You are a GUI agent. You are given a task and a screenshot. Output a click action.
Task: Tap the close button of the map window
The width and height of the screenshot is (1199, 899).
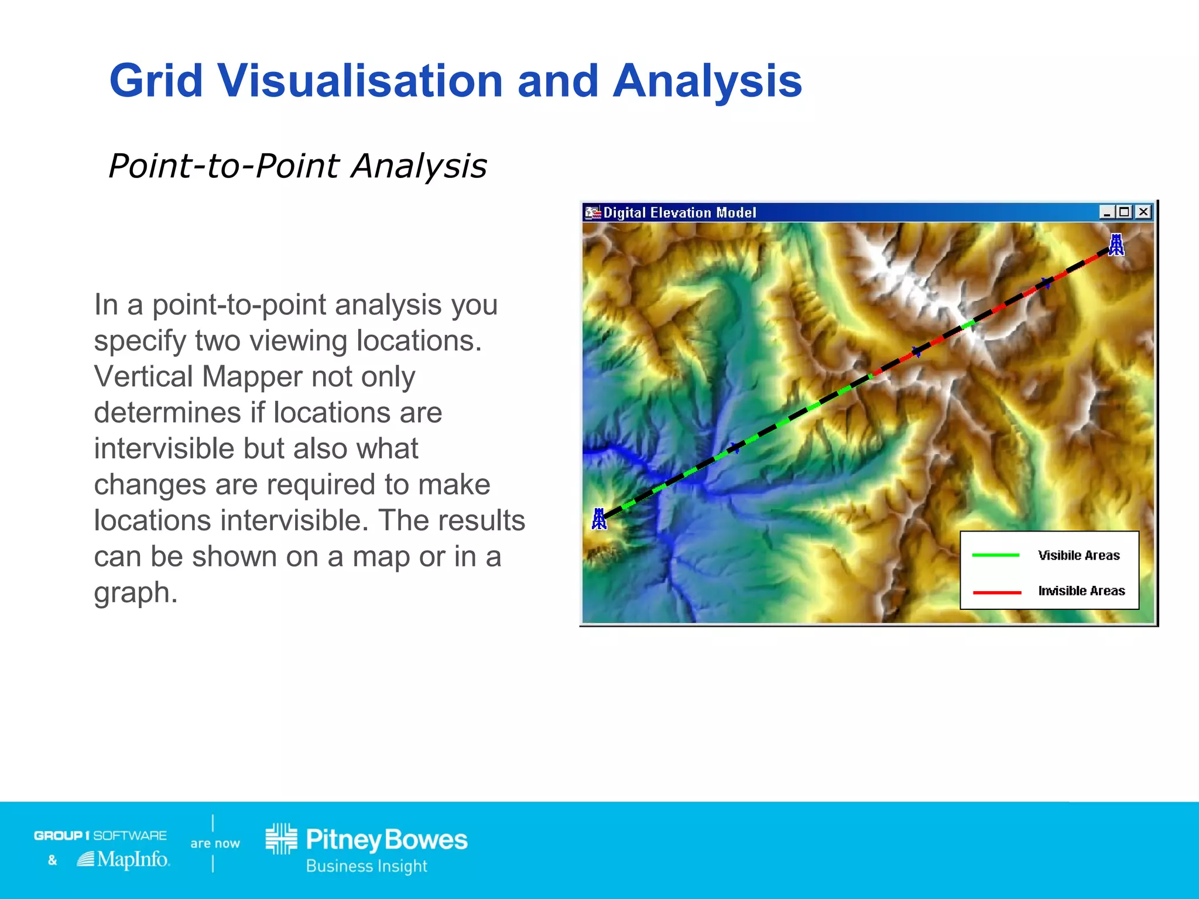pos(1143,212)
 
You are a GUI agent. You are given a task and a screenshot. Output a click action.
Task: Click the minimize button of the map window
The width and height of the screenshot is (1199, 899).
pos(1106,212)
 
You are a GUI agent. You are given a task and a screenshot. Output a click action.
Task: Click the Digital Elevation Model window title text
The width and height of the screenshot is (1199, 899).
pos(680,212)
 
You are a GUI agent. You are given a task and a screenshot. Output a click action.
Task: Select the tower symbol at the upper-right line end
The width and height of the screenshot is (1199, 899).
pos(1116,245)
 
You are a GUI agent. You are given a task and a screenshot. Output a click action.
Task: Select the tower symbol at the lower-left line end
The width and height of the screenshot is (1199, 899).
pos(599,519)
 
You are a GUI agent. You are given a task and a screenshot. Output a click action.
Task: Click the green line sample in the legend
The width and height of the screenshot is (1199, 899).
pos(996,555)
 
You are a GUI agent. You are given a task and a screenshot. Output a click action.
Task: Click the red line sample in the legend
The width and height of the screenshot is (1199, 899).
pos(996,592)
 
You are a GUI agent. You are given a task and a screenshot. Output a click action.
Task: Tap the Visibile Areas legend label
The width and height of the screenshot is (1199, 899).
pos(1078,555)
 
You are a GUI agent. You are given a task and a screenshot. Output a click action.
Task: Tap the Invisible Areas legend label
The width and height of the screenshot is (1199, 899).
pos(1081,591)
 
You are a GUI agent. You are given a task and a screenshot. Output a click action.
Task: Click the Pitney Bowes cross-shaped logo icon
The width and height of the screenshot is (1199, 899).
pos(282,839)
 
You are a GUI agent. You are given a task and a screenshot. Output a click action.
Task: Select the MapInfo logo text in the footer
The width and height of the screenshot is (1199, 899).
pos(132,859)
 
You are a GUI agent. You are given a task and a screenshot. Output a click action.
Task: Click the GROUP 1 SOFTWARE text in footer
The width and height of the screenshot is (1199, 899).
pos(100,835)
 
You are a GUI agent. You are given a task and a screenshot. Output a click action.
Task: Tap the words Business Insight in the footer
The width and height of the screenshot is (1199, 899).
pos(366,866)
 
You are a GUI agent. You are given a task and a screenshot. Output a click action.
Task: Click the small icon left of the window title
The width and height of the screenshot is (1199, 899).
pos(593,212)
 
